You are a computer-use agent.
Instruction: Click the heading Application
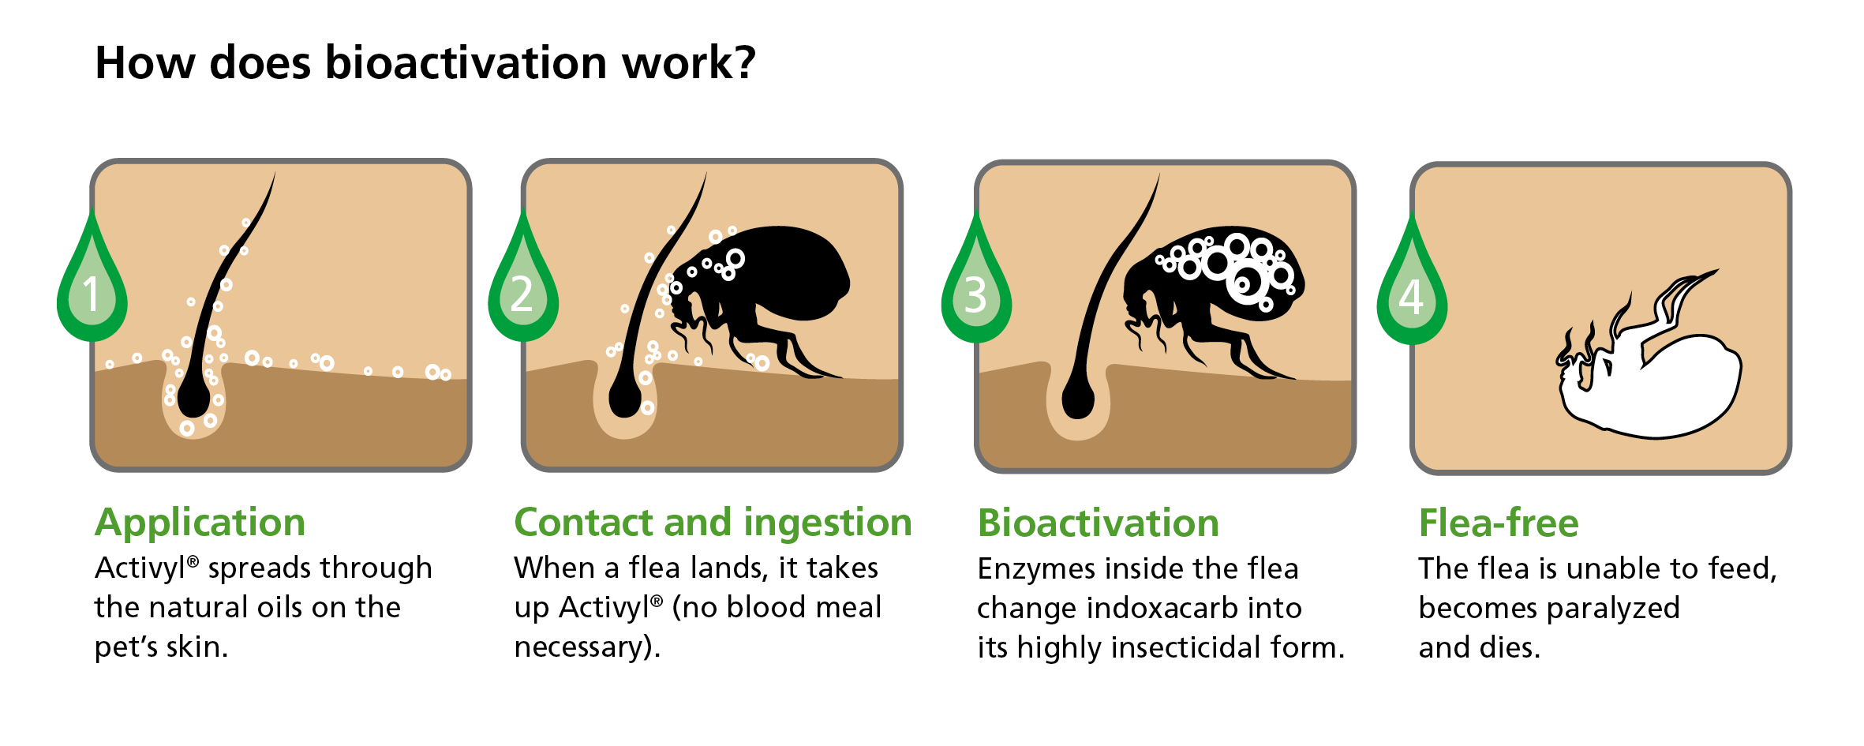click(200, 523)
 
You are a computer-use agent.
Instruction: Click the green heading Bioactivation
click(1099, 523)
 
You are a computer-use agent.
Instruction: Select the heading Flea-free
click(1499, 523)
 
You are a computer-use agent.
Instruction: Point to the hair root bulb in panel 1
click(194, 399)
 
